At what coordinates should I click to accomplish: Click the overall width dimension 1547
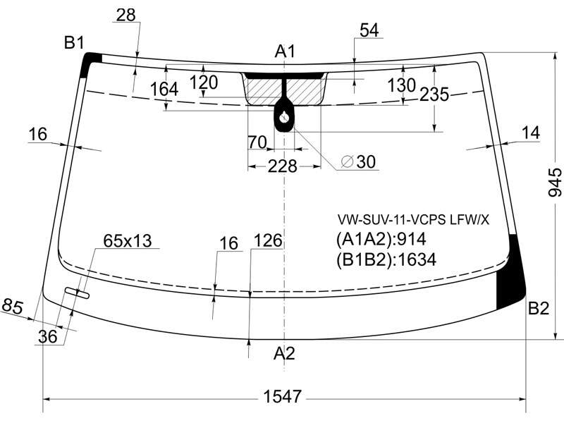point(282,397)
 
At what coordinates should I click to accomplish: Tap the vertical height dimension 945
point(554,183)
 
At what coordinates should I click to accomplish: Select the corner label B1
point(74,43)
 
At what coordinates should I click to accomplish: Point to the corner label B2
point(539,308)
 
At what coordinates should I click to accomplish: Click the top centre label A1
point(285,51)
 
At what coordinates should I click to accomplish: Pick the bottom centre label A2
point(284,353)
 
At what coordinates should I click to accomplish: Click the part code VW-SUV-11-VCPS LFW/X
point(413,219)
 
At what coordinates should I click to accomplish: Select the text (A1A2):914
point(381,239)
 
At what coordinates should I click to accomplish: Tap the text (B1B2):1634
point(386,259)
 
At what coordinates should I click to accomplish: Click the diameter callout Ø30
point(358,161)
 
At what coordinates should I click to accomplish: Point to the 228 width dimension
point(283,166)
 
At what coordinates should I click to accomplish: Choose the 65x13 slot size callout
point(128,240)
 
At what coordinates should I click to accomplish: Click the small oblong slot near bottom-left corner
point(77,293)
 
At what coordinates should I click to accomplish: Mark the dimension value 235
point(434,94)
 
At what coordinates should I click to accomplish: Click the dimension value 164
point(164,90)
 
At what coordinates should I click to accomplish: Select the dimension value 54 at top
point(369,30)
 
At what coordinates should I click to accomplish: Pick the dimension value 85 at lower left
point(13,307)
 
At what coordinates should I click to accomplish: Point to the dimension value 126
point(268,240)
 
